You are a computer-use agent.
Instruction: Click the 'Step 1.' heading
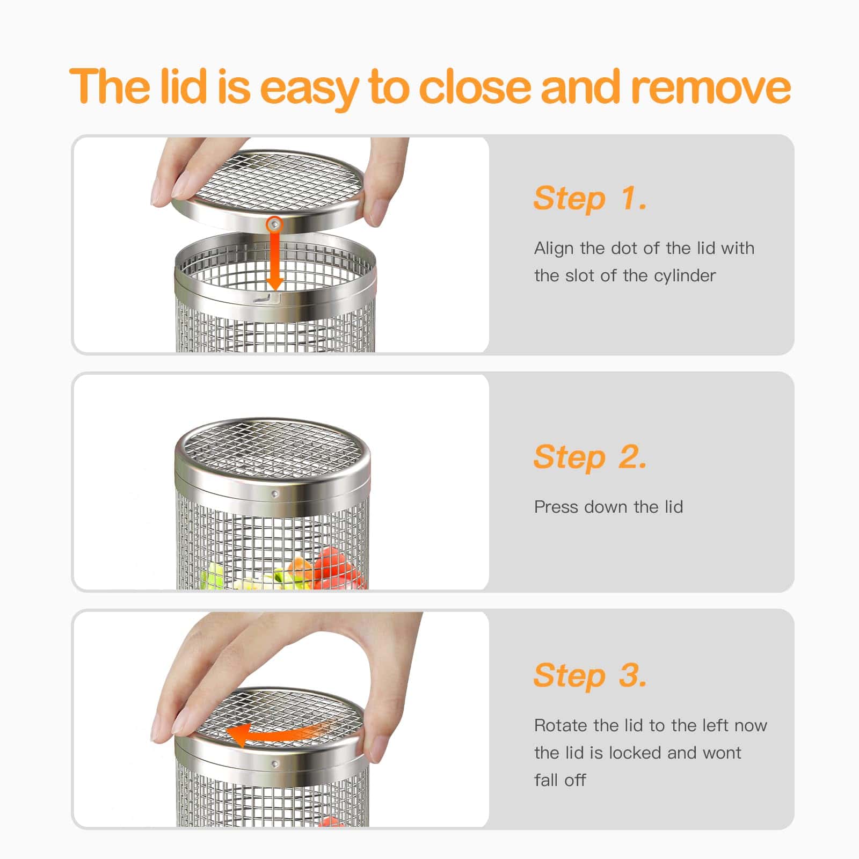(x=590, y=199)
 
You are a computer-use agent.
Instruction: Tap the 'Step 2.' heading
(x=590, y=457)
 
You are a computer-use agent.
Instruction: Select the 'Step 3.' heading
(x=590, y=675)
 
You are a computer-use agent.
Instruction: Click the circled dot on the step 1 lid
(x=275, y=223)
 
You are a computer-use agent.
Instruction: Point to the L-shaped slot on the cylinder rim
(x=267, y=297)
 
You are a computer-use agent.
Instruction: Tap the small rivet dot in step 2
(x=275, y=493)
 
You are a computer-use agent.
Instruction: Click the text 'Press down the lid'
(x=608, y=507)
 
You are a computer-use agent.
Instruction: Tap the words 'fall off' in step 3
(x=560, y=780)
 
